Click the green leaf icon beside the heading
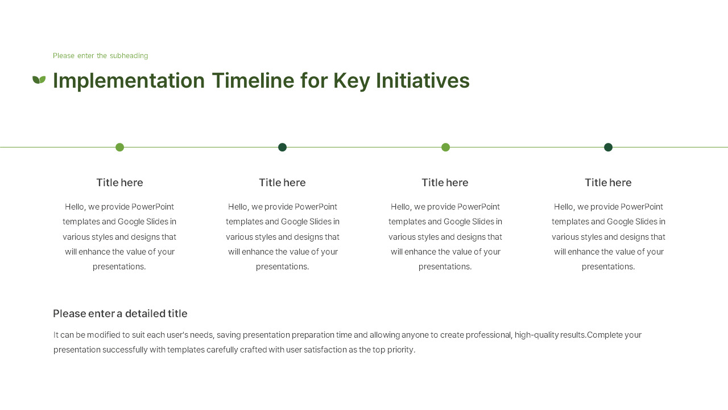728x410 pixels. pos(39,80)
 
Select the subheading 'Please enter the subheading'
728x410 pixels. pos(100,56)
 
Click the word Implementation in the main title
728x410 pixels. pos(129,81)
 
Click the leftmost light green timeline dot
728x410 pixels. pos(119,147)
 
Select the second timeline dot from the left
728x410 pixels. pos(282,147)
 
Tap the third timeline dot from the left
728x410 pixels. pos(445,147)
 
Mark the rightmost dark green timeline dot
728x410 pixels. pos(608,147)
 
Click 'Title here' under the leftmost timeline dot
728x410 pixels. pos(119,183)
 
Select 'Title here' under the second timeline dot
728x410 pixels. pos(282,183)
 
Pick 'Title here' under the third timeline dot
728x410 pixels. pos(445,183)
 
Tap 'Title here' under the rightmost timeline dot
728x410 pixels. pos(608,183)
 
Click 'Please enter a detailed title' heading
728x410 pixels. pos(120,314)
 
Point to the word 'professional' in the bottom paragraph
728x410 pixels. pos(488,335)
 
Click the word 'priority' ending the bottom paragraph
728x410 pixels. pos(402,350)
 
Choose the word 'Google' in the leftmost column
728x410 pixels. pos(131,222)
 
